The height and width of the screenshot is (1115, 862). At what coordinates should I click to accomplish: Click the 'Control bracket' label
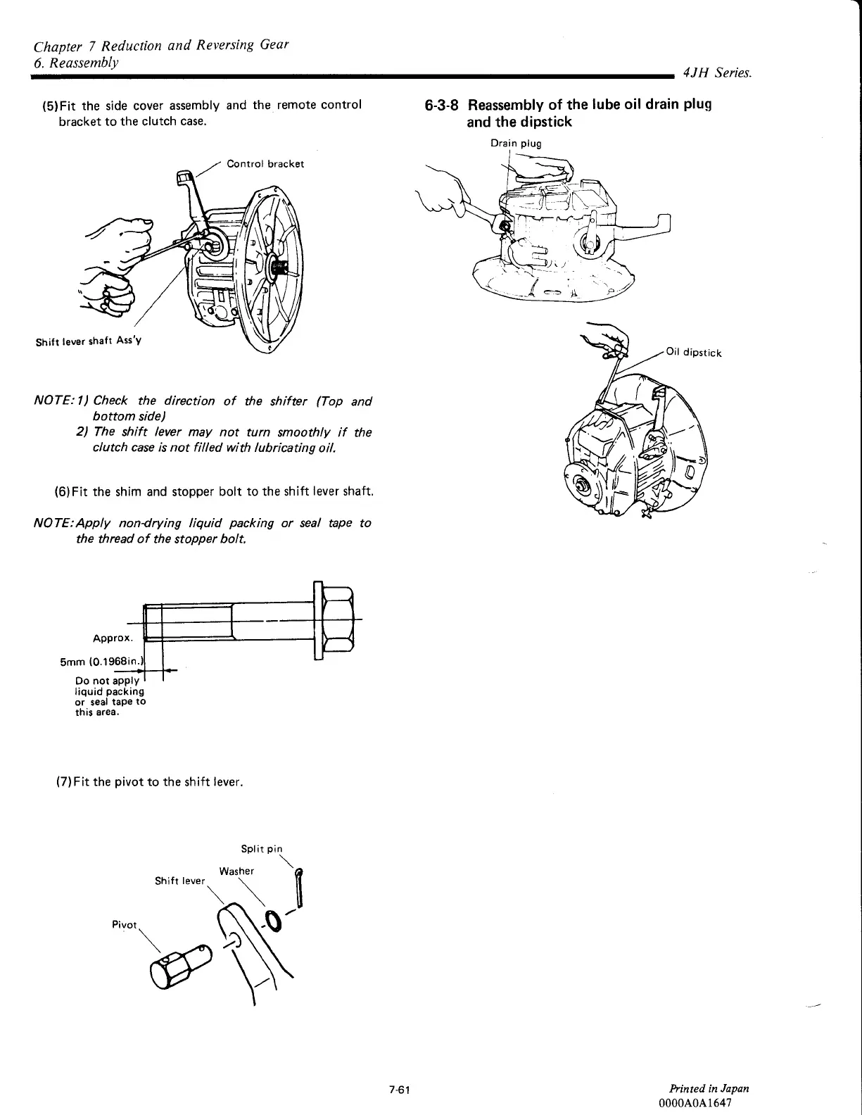click(265, 164)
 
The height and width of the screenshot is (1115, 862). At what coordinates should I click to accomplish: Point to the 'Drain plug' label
click(516, 144)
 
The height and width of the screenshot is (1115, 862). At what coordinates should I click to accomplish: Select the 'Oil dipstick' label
click(693, 353)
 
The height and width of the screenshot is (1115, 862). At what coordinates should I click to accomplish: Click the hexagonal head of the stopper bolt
click(337, 620)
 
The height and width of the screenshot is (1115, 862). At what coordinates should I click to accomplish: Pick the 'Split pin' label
click(262, 849)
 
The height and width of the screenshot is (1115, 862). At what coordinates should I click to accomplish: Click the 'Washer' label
click(236, 871)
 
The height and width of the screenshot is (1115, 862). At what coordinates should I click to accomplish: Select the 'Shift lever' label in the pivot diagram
click(179, 881)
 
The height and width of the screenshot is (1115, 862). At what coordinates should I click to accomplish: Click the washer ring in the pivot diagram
click(272, 920)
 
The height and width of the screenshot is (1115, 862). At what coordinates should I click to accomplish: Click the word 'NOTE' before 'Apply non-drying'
click(51, 523)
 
